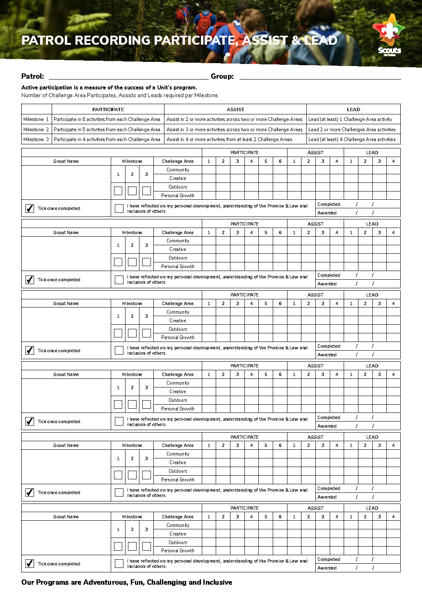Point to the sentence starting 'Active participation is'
click(109, 87)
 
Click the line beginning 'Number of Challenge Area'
click(120, 96)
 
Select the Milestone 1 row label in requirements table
click(36, 119)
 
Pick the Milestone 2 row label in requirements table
click(36, 130)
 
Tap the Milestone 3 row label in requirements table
click(36, 139)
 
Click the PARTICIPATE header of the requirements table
click(108, 109)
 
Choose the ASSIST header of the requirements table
click(235, 109)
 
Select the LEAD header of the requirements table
click(353, 109)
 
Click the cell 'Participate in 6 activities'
click(107, 119)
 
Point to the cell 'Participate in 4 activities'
click(107, 139)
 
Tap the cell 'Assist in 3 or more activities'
click(235, 130)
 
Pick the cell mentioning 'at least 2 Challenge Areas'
click(230, 139)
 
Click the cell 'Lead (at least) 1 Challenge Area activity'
click(350, 119)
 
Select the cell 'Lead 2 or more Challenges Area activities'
click(352, 130)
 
